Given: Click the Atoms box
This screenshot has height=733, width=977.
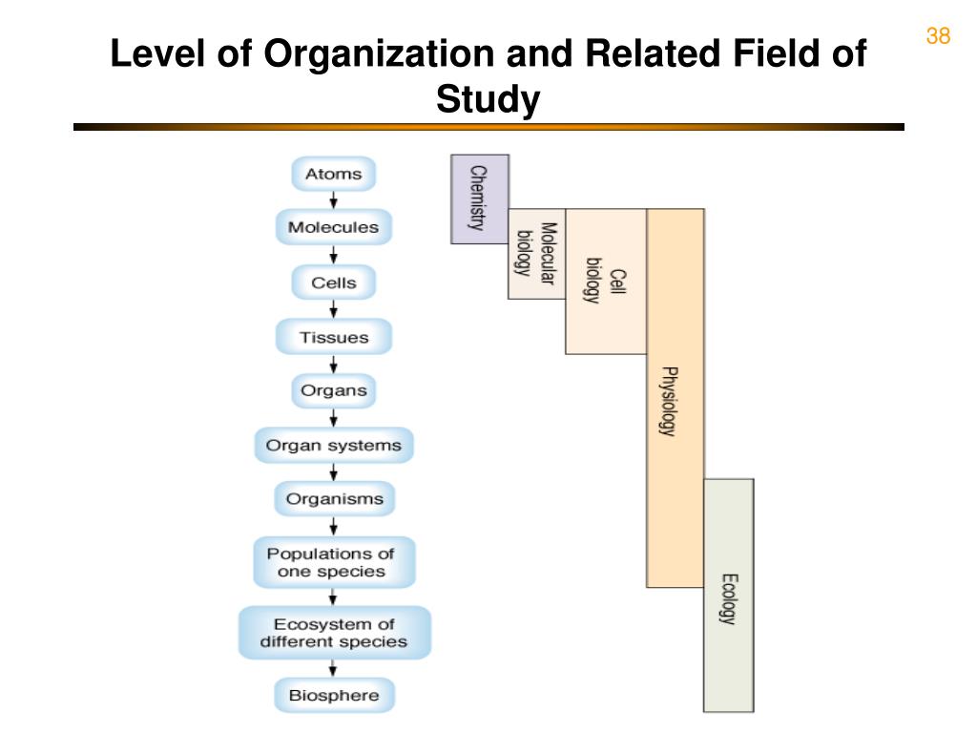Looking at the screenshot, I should coord(333,174).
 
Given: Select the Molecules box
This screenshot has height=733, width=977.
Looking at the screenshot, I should coord(333,227).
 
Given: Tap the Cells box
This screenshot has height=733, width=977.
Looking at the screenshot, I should coord(333,283).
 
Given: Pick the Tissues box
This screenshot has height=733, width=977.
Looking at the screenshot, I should coord(333,337).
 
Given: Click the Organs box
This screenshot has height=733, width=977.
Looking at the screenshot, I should coord(333,390).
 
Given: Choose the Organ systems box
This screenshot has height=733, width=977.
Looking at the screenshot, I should coord(333,445).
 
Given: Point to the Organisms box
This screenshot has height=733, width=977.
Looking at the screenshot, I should coord(333,498).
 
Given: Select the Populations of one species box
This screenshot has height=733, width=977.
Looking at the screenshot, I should coord(333,562).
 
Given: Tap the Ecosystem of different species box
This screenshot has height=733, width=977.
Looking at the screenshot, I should coord(333,633).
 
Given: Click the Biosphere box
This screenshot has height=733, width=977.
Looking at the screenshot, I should coord(333,695).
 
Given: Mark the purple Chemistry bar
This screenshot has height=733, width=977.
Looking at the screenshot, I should coord(479,199).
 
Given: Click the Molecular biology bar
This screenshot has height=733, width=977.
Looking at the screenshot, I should coord(536,253).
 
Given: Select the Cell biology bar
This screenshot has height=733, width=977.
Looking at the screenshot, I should coord(606,282).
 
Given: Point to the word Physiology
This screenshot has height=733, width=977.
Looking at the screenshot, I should coord(670,401).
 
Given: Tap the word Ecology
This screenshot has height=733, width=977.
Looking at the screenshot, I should coord(728,597).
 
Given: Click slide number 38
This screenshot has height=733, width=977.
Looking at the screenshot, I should coord(938,36).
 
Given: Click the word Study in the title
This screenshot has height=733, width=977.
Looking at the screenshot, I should coord(488,99).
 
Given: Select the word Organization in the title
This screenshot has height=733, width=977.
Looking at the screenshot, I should coord(380,53).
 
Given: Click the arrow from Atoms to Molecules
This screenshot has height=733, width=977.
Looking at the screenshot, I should coord(333,200).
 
